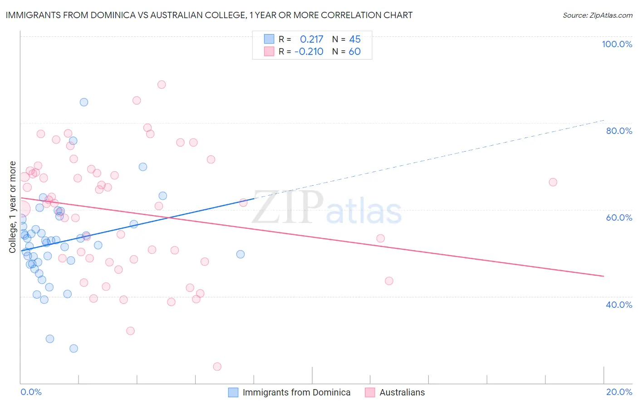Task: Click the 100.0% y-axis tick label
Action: click(x=617, y=44)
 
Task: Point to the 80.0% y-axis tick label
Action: click(x=619, y=131)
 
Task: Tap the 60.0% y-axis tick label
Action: click(x=619, y=217)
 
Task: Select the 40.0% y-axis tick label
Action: click(x=619, y=304)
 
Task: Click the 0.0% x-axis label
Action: click(x=31, y=392)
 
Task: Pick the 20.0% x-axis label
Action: click(x=619, y=392)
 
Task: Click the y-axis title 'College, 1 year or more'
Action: click(x=12, y=207)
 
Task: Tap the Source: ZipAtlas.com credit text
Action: click(x=597, y=15)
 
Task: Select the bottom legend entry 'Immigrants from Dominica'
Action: click(x=296, y=392)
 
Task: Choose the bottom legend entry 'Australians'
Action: click(x=402, y=392)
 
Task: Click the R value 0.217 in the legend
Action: click(x=311, y=39)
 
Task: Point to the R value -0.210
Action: click(x=309, y=51)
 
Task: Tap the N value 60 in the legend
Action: click(x=354, y=51)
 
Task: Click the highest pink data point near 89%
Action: click(x=162, y=84)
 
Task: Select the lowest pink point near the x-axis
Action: click(x=217, y=366)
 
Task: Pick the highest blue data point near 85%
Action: click(x=84, y=102)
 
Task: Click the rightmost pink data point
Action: click(x=553, y=182)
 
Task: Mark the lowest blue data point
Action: click(x=74, y=348)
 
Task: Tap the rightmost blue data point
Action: click(x=240, y=254)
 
